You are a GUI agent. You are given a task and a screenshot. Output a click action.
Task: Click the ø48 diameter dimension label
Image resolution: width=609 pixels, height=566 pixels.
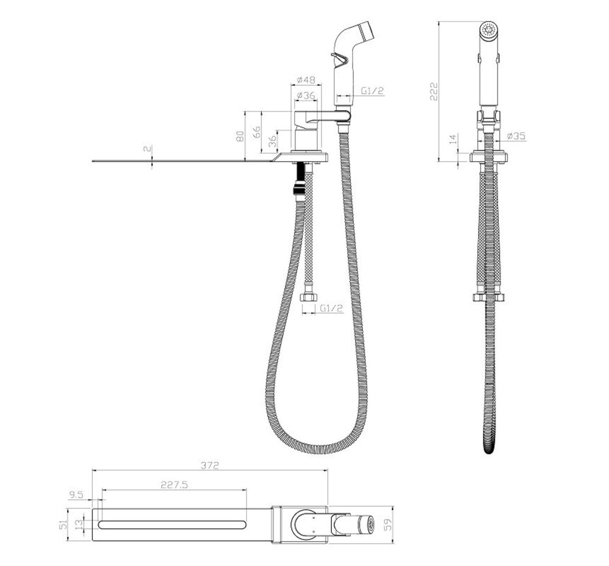[x=306, y=80]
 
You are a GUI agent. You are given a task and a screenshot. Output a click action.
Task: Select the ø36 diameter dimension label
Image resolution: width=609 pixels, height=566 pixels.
[x=306, y=95]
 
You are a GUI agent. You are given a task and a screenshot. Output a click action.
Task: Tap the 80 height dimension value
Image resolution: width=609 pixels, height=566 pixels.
[x=240, y=136]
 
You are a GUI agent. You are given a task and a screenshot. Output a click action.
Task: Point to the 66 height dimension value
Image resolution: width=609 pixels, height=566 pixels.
[x=257, y=132]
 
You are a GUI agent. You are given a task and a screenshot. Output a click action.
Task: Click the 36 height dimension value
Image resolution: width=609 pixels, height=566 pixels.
[x=273, y=141]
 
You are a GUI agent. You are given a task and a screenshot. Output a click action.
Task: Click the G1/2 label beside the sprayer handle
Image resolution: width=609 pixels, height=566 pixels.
[x=373, y=91]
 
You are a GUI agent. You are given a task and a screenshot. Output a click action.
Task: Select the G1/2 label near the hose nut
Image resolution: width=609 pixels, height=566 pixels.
[x=332, y=308]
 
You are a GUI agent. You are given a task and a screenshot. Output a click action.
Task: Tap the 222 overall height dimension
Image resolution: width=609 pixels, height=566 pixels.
[x=434, y=91]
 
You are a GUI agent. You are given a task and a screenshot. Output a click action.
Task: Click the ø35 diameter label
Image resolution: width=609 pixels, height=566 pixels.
[x=516, y=136]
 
